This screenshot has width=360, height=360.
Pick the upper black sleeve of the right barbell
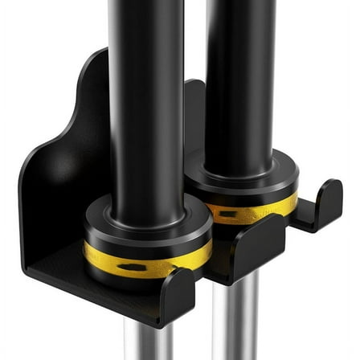(x=241, y=72)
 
